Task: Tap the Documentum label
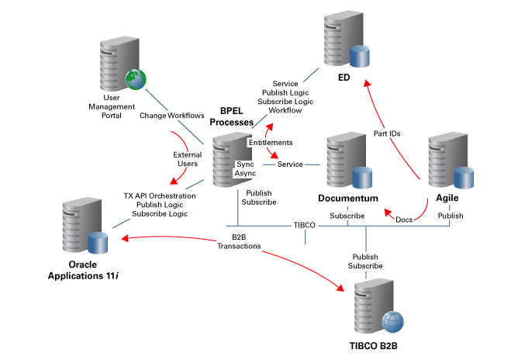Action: point(347,199)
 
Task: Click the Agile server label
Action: point(447,199)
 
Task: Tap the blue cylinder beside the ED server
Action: point(359,57)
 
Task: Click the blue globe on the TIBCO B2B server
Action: point(393,319)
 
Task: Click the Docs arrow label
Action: point(403,220)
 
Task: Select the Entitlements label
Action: point(270,144)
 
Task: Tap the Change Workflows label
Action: point(171,116)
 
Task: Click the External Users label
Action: point(187,159)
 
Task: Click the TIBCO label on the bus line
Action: point(304,225)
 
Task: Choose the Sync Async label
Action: point(245,169)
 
